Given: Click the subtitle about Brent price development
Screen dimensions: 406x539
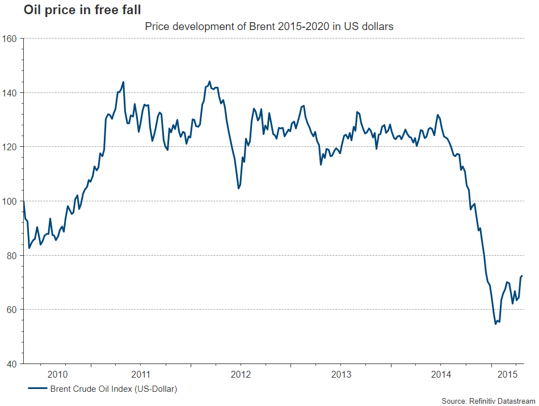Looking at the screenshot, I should tap(269, 26).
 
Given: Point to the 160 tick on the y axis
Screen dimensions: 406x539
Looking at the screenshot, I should tap(12, 39).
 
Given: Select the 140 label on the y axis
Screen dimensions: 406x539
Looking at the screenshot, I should tap(12, 92).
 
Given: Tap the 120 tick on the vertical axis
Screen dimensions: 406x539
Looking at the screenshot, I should tap(12, 147).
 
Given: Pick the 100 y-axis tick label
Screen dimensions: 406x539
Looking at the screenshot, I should tap(12, 201).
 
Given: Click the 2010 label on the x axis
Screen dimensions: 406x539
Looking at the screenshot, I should tap(58, 374).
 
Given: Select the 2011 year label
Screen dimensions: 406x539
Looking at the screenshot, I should tap(140, 374).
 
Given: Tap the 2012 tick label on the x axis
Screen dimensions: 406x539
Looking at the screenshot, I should tap(241, 374).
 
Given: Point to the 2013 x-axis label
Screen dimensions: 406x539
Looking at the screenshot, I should tap(341, 374).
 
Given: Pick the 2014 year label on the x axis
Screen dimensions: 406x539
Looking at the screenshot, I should tap(441, 374).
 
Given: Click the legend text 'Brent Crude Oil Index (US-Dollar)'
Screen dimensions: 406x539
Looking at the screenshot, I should tap(113, 389).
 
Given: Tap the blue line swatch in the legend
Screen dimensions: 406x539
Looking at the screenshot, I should tap(36, 389).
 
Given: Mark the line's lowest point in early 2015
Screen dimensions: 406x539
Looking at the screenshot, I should tap(495, 324).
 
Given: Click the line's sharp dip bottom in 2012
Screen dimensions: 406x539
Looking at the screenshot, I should tap(238, 188).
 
